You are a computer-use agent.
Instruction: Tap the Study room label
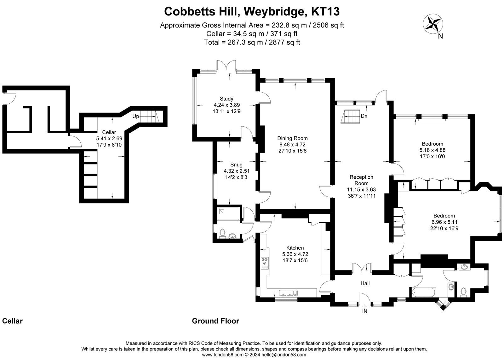coord(226,99)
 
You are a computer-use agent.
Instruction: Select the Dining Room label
coord(292,138)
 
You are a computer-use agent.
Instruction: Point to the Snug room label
coord(236,165)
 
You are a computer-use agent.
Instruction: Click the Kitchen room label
coord(295,248)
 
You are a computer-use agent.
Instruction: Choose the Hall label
coord(365,283)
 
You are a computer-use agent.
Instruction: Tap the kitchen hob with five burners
coord(265,263)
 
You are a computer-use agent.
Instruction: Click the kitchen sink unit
coord(288,293)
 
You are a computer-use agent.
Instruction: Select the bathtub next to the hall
coord(423,292)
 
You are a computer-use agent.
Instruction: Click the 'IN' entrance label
coord(364,311)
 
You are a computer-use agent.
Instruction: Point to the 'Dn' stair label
coord(364,116)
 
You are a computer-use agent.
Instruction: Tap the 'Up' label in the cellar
coord(135,116)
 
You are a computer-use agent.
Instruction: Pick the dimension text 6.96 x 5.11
coord(444,222)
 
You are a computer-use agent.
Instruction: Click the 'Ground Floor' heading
coord(215,321)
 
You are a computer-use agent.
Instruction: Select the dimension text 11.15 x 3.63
coord(361,189)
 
